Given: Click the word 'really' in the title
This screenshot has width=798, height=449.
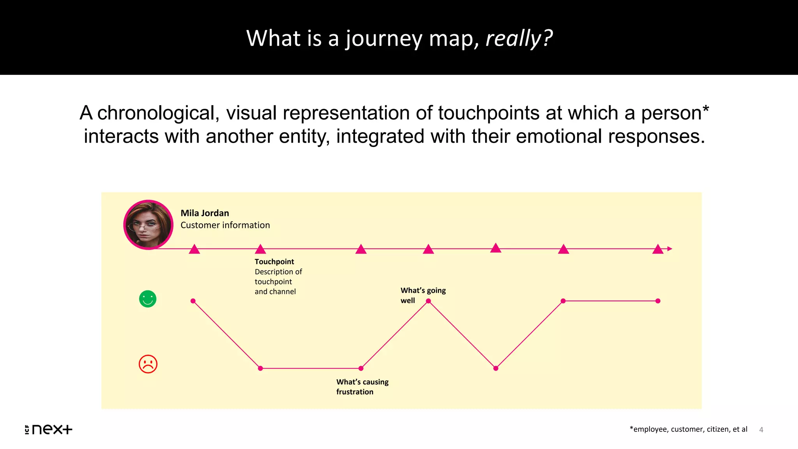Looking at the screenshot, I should click(513, 39).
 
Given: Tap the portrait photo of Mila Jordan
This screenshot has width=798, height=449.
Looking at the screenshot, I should click(148, 225).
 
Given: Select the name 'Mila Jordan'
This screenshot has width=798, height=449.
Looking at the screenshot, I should click(205, 213).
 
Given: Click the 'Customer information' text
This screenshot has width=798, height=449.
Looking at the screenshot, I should click(225, 225).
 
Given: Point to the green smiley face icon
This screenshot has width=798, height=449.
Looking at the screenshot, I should click(148, 299).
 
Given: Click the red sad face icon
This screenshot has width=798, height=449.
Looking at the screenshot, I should click(148, 364).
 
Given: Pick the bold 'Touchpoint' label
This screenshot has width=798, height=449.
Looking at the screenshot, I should click(274, 262).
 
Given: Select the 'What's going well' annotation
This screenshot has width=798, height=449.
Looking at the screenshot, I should click(423, 295).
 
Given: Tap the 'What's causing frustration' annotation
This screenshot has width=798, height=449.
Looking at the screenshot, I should click(362, 387).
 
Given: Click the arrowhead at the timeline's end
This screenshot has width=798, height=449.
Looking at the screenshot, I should click(669, 249).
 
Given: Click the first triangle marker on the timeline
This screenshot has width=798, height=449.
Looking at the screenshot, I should click(194, 249).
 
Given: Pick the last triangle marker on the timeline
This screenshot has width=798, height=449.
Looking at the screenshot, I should click(658, 249).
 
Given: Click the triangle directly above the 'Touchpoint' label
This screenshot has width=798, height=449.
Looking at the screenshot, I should click(260, 249).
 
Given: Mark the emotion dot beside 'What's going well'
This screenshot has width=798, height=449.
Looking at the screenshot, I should click(428, 301).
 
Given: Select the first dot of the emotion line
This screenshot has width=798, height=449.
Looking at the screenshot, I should click(193, 301).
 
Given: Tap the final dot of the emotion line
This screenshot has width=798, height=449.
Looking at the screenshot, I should click(658, 301).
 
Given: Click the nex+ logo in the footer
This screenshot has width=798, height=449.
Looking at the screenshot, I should click(49, 429).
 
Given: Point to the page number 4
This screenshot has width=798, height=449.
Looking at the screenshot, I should click(761, 430).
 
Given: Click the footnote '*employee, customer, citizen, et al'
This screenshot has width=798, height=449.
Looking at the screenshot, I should click(688, 429).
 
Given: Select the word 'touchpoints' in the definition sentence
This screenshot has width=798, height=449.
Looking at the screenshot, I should click(489, 113).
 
